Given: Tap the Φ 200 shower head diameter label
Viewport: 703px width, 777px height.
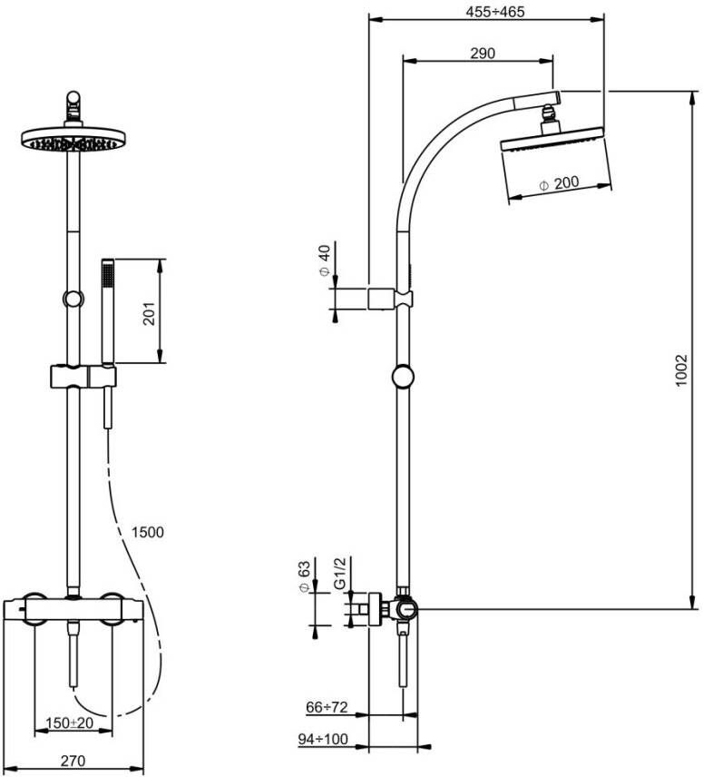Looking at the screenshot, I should click(558, 184).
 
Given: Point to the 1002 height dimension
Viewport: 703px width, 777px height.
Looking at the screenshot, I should click(682, 370).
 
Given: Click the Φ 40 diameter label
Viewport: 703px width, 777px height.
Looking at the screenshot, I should click(325, 261).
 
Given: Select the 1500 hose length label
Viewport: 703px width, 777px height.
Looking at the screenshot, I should click(147, 532).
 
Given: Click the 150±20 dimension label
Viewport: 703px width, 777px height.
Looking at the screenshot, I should click(70, 723).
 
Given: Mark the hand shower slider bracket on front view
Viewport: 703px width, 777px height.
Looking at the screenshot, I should click(83, 375).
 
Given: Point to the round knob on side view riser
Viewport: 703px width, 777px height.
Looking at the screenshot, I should click(402, 377).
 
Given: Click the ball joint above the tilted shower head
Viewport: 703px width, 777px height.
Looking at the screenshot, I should click(548, 114).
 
